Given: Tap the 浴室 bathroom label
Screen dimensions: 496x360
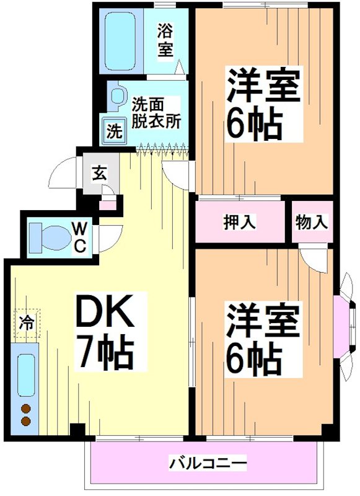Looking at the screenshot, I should [x=165, y=40].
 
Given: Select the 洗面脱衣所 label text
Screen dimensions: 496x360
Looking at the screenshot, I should [x=156, y=112].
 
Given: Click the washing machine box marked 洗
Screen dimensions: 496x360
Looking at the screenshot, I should [x=115, y=131].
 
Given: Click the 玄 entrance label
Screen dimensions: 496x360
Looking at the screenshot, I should [x=99, y=172].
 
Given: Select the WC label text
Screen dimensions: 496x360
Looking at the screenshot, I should [x=81, y=237].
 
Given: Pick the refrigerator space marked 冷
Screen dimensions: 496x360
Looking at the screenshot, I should [x=25, y=322].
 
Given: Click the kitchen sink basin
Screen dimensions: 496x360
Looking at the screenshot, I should [x=25, y=375].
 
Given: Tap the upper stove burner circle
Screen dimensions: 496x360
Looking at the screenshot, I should [x=25, y=409].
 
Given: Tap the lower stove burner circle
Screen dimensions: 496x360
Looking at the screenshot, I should [x=25, y=422].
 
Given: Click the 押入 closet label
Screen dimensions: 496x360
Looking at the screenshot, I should [x=240, y=222].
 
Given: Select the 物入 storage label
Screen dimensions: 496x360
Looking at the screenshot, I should [x=311, y=222].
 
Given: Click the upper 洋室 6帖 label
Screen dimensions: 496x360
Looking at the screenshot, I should [x=263, y=105].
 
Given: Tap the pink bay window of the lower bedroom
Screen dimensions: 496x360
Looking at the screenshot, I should [x=341, y=326].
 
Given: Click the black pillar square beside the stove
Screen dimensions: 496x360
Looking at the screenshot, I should [x=77, y=430].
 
